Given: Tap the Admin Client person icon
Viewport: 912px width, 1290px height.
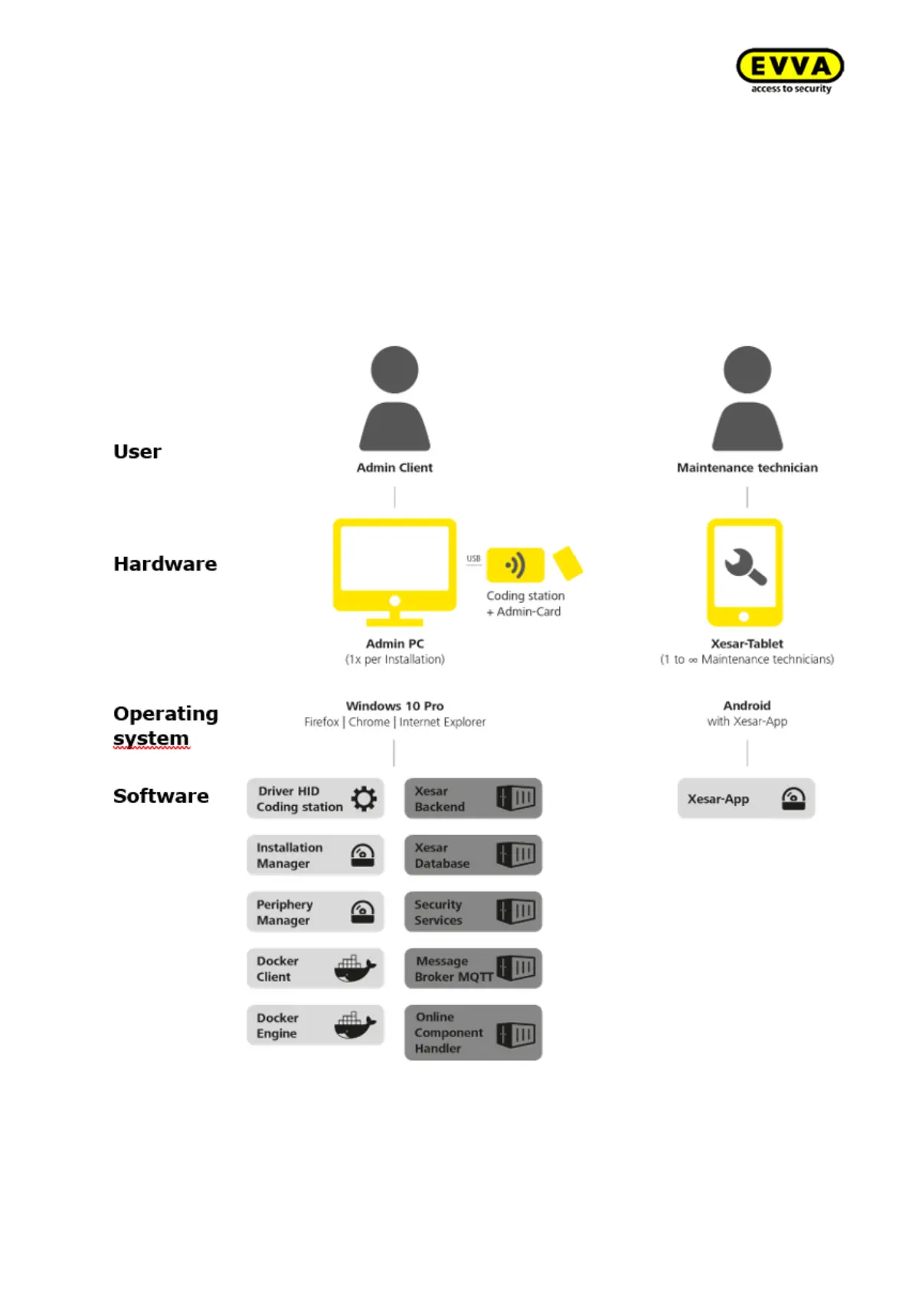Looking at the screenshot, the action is coord(394,398).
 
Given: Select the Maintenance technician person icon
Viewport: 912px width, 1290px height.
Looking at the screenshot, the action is coord(747,398).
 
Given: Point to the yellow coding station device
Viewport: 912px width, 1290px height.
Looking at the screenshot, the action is coord(515,565).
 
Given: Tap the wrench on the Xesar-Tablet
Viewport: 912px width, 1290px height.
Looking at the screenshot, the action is coord(745,567).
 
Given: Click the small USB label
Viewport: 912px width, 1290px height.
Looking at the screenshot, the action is coord(473,558).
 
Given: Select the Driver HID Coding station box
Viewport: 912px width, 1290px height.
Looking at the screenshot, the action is coord(315,798).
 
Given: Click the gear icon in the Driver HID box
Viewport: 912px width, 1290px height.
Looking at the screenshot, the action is coord(364,798).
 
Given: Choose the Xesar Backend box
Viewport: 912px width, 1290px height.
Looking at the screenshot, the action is coord(472,798).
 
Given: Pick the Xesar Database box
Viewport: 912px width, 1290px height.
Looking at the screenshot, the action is coord(472,855).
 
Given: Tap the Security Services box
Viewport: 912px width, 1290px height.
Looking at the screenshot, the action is coord(472,912).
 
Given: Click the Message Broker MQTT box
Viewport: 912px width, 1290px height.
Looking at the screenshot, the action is coord(472,968).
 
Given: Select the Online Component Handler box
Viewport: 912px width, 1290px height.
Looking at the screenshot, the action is coord(472,1033).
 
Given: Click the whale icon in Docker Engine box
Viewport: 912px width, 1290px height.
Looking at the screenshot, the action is coord(355,1025).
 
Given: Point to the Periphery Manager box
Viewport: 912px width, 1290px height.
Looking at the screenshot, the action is coord(315,912).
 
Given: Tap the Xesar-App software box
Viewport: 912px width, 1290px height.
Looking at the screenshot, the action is coord(746,798).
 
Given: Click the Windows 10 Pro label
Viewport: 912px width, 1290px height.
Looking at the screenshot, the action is coord(394,706).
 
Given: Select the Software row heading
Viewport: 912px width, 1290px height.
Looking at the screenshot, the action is coord(161,796).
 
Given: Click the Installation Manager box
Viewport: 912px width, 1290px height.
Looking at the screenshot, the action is coord(315,855).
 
